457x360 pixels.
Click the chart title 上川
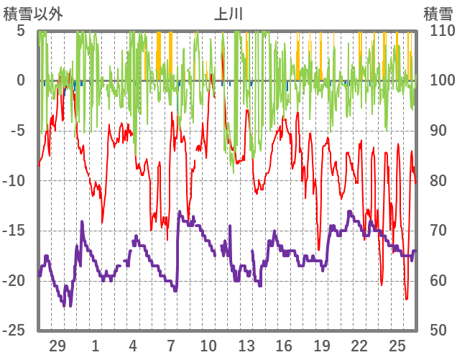[228, 12]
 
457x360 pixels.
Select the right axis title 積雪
[437, 12]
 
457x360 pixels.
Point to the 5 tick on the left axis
[21, 31]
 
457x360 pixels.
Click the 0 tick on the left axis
[21, 80]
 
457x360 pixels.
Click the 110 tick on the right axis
[438, 31]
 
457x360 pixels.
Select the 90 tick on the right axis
[434, 131]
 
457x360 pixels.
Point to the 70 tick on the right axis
[434, 231]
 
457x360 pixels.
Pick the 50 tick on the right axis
[434, 331]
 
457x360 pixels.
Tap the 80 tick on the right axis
[434, 181]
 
